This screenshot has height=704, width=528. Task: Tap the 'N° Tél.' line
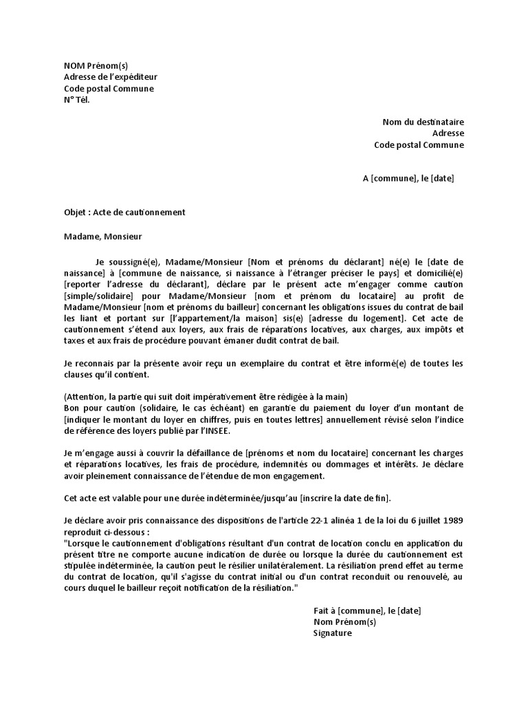pos(76,99)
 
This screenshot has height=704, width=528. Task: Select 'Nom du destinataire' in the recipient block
pos(423,122)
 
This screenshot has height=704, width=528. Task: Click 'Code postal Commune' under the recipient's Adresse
pos(419,144)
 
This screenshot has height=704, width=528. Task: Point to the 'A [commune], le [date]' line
pos(408,178)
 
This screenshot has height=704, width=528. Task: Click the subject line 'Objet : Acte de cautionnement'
pos(124,212)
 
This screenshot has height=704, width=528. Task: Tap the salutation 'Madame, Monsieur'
pos(102,236)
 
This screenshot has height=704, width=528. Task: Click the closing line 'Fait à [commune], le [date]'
pos(367,610)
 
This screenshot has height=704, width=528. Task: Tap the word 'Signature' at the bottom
pos(332,632)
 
